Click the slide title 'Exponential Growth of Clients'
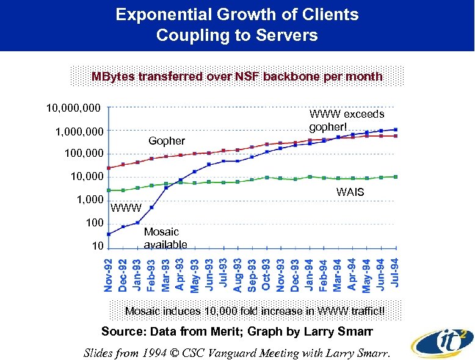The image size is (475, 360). [x=237, y=15]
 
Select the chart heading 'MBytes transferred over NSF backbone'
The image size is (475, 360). [x=237, y=77]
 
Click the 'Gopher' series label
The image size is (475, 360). [x=167, y=141]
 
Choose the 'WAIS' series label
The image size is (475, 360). [x=350, y=192]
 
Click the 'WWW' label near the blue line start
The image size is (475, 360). [x=126, y=208]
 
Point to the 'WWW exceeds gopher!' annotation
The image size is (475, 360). [x=347, y=120]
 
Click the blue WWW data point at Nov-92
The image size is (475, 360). [x=109, y=234]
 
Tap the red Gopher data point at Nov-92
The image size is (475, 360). [x=109, y=168]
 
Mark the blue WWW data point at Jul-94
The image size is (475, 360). [x=396, y=129]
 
